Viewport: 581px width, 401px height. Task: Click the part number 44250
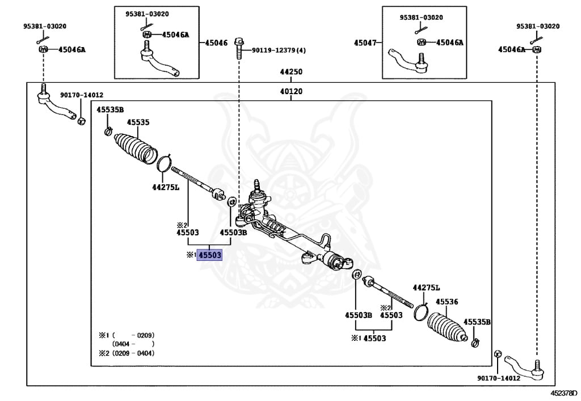pos(290,72)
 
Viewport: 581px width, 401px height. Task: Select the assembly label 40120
pos(290,91)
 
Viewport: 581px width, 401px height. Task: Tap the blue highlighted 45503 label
pos(209,255)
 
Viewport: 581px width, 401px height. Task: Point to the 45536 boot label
pos(447,302)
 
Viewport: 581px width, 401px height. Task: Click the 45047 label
pos(365,43)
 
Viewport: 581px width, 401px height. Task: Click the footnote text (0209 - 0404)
pos(133,353)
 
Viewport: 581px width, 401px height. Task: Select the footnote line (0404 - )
pos(133,344)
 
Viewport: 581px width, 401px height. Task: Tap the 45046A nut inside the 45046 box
pos(146,35)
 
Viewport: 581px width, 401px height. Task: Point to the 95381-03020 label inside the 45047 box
pos(421,18)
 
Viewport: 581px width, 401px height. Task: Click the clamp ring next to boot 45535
pos(164,164)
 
